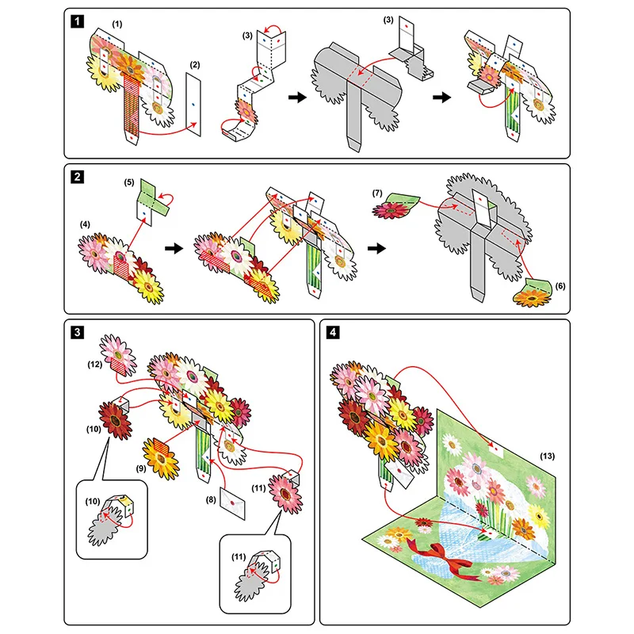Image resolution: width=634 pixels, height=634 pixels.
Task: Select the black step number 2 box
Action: (75, 177)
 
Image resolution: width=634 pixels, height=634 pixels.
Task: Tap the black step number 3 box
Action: (75, 332)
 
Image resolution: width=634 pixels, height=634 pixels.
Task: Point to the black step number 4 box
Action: (331, 332)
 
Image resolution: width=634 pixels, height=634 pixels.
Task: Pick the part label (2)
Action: (197, 63)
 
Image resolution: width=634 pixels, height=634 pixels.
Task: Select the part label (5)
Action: (130, 182)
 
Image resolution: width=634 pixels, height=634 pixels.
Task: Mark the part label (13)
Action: (547, 457)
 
